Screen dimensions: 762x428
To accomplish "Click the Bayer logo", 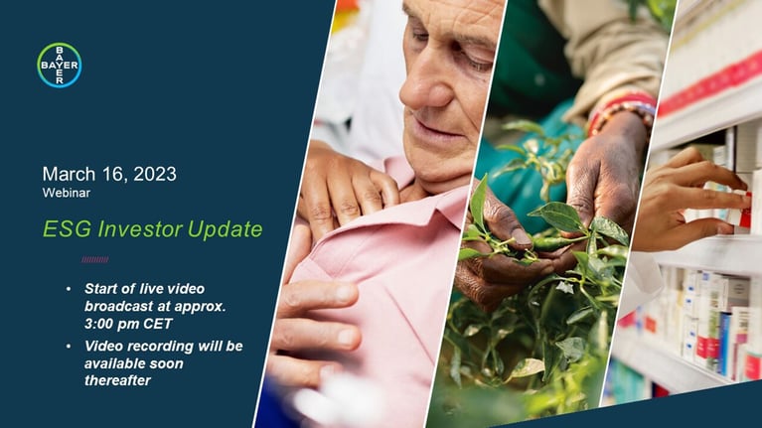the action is [x=60, y=66].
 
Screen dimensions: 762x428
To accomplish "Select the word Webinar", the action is [x=67, y=193].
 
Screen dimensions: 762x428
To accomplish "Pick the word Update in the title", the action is [x=225, y=230].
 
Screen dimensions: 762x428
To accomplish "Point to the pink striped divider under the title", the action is [x=94, y=260].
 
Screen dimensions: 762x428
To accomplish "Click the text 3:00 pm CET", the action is [x=128, y=324].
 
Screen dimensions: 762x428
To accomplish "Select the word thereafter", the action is [x=117, y=380].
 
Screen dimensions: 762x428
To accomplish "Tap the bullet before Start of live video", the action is [x=69, y=289].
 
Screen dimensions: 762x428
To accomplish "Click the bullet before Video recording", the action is [x=69, y=347].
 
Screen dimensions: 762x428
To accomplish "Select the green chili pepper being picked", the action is [x=549, y=243].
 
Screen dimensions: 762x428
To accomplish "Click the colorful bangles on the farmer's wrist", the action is [x=622, y=112].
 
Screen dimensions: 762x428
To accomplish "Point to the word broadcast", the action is [x=122, y=307].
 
